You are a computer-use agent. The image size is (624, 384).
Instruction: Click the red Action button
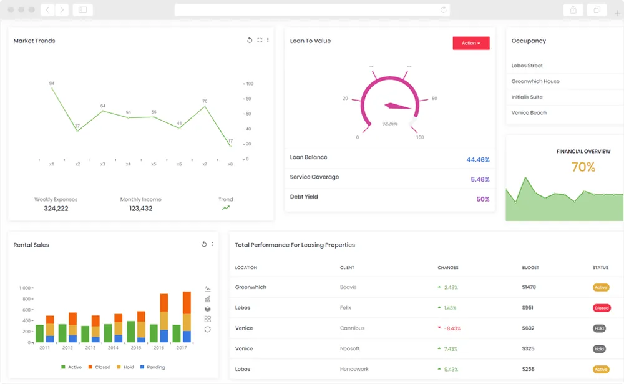click(x=470, y=43)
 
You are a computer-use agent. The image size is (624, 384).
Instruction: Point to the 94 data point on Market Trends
click(x=52, y=88)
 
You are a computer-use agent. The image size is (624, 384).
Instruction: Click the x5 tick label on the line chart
click(x=154, y=164)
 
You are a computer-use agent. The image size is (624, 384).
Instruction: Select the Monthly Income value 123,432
click(x=140, y=209)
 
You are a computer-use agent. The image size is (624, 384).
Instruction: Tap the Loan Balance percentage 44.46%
click(x=477, y=160)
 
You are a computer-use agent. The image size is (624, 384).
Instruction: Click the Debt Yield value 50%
click(x=482, y=199)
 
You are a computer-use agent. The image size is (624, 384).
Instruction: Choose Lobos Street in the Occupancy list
click(x=527, y=66)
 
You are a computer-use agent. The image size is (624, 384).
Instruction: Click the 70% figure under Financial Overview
click(x=583, y=167)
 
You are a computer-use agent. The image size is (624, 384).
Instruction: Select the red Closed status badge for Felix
click(x=601, y=308)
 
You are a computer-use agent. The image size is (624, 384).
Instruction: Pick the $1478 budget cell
click(x=529, y=287)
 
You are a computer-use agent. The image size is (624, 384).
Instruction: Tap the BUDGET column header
click(x=530, y=268)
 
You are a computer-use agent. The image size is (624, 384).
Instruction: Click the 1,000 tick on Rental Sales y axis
click(x=25, y=288)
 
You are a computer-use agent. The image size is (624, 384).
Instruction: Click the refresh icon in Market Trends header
click(x=250, y=40)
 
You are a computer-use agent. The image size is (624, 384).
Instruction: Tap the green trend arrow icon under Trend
click(x=225, y=208)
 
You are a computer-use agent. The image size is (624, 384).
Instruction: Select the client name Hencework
click(x=354, y=369)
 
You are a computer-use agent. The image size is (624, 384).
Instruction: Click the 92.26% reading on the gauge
click(x=389, y=124)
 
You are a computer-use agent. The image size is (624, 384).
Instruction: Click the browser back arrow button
click(x=48, y=10)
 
